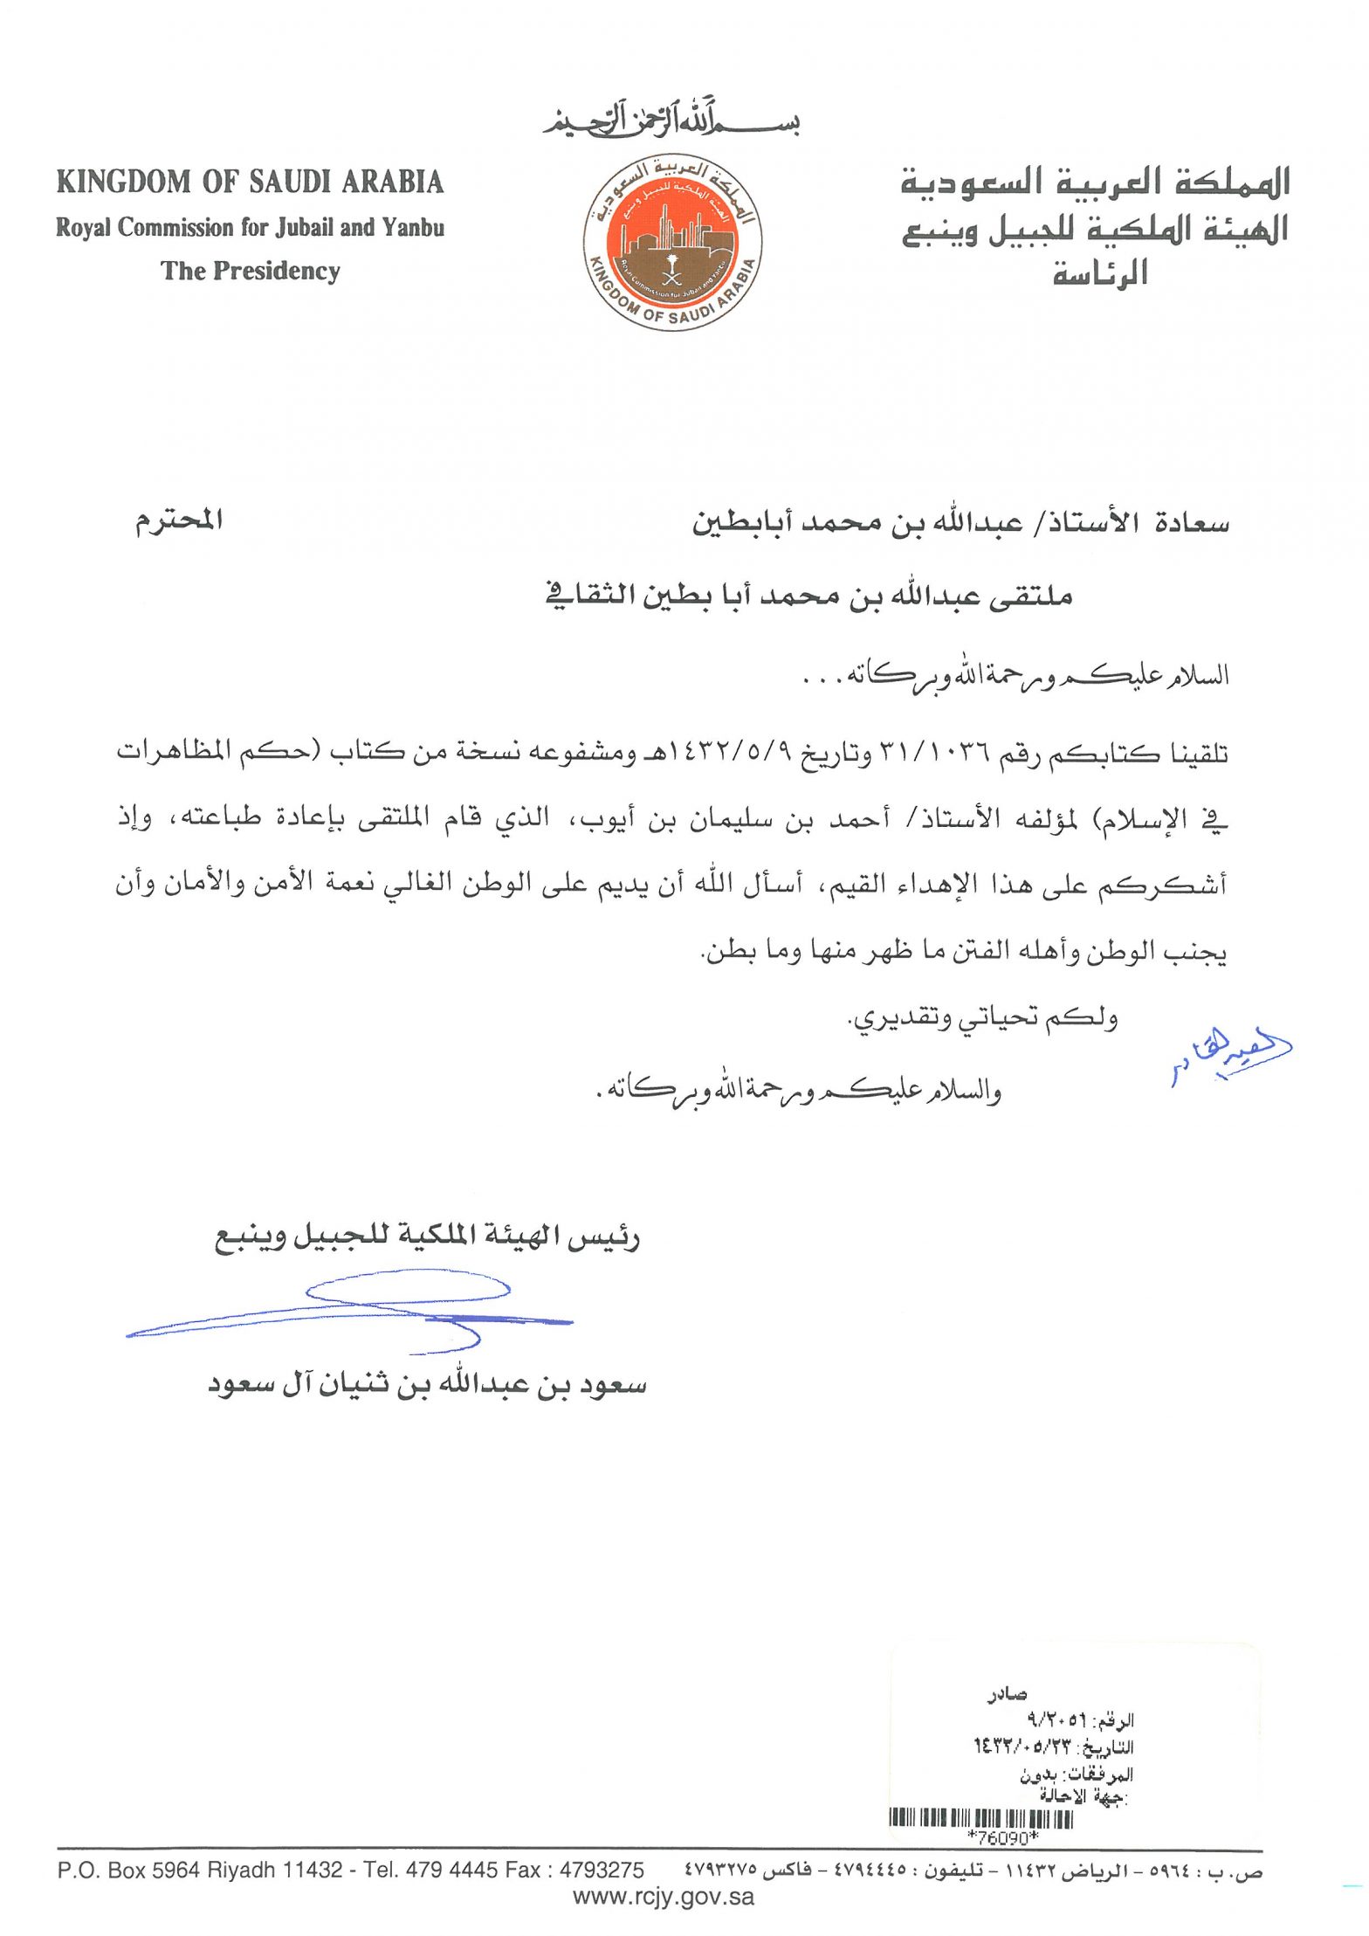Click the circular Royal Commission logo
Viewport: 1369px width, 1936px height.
point(671,245)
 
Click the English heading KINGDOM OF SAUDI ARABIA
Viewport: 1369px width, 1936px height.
point(250,182)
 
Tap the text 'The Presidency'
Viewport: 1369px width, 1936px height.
point(250,271)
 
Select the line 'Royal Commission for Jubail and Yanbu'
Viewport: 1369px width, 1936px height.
point(250,228)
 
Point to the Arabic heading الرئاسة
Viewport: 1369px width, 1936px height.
point(1099,274)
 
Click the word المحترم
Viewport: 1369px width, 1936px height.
point(178,520)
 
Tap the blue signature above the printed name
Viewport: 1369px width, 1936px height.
point(349,1311)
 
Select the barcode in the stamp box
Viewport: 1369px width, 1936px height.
point(980,1819)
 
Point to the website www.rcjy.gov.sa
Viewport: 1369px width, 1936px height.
point(664,1896)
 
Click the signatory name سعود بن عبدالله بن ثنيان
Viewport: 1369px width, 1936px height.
point(427,1385)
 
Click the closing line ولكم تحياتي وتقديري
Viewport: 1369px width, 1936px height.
point(984,1018)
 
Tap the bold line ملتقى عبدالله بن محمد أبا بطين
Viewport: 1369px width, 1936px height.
point(808,596)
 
